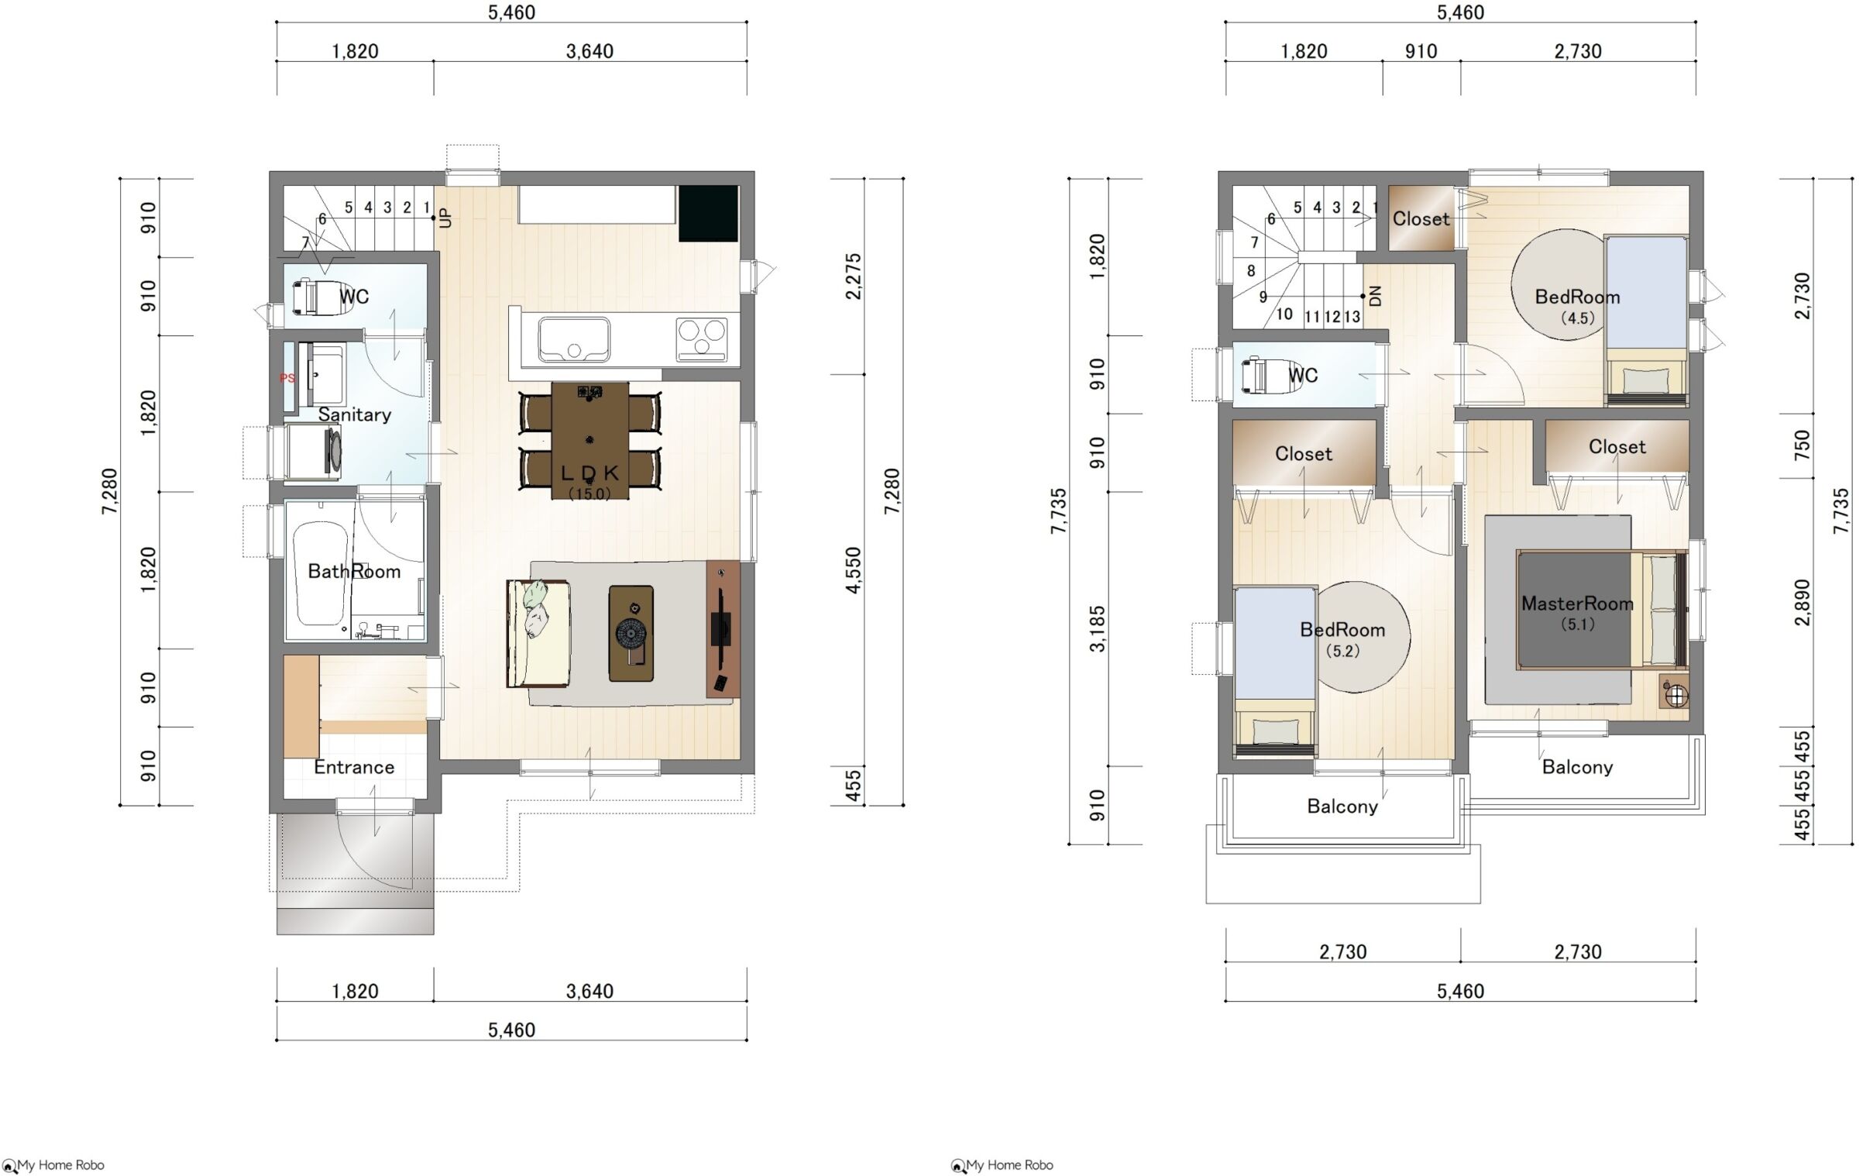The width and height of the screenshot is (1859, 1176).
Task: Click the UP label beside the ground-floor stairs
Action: point(445,218)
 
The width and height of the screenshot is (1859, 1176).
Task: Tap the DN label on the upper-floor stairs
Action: point(1376,296)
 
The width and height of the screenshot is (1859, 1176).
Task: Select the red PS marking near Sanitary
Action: point(287,378)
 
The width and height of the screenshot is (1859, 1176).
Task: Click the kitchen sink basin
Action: point(574,340)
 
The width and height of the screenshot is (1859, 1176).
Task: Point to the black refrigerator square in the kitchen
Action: point(708,213)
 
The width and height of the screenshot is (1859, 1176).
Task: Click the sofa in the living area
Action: point(539,633)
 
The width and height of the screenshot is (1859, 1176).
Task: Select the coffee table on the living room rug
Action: point(631,634)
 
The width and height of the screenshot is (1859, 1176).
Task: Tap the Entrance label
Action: point(354,767)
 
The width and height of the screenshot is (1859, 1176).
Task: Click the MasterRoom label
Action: point(1577,603)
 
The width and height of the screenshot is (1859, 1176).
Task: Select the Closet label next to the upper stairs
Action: point(1421,219)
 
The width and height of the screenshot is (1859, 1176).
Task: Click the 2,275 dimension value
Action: point(853,276)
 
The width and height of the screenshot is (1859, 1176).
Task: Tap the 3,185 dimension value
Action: point(1097,628)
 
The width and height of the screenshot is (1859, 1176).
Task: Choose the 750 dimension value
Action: point(1802,445)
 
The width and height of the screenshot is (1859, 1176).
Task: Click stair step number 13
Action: point(1352,317)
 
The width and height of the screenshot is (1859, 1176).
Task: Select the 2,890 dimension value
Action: point(1802,601)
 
